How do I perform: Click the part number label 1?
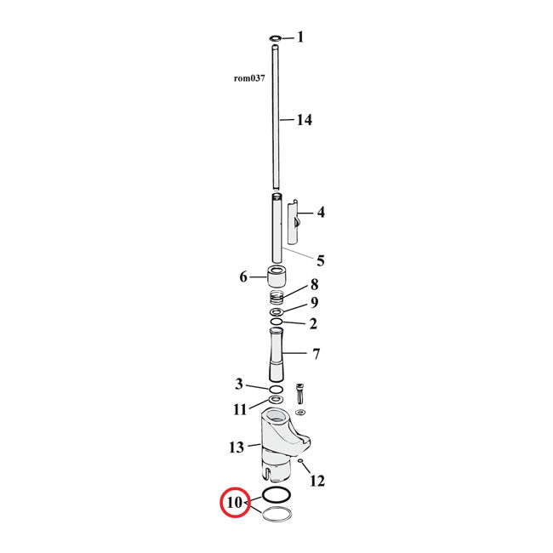click(300, 37)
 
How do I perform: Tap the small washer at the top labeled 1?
click(276, 38)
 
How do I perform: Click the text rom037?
click(250, 77)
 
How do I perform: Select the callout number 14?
click(304, 120)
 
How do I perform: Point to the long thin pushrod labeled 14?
click(276, 119)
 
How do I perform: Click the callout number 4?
click(321, 212)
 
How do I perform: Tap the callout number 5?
click(321, 260)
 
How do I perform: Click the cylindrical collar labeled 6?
click(276, 277)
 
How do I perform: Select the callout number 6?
click(243, 276)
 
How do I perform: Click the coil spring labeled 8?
click(276, 297)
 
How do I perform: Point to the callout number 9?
click(314, 302)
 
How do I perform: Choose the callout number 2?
click(313, 323)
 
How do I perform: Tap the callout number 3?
click(239, 385)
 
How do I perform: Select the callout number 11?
click(241, 409)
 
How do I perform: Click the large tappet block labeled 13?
click(280, 438)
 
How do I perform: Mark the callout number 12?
click(316, 481)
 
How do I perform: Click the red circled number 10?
click(235, 503)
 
